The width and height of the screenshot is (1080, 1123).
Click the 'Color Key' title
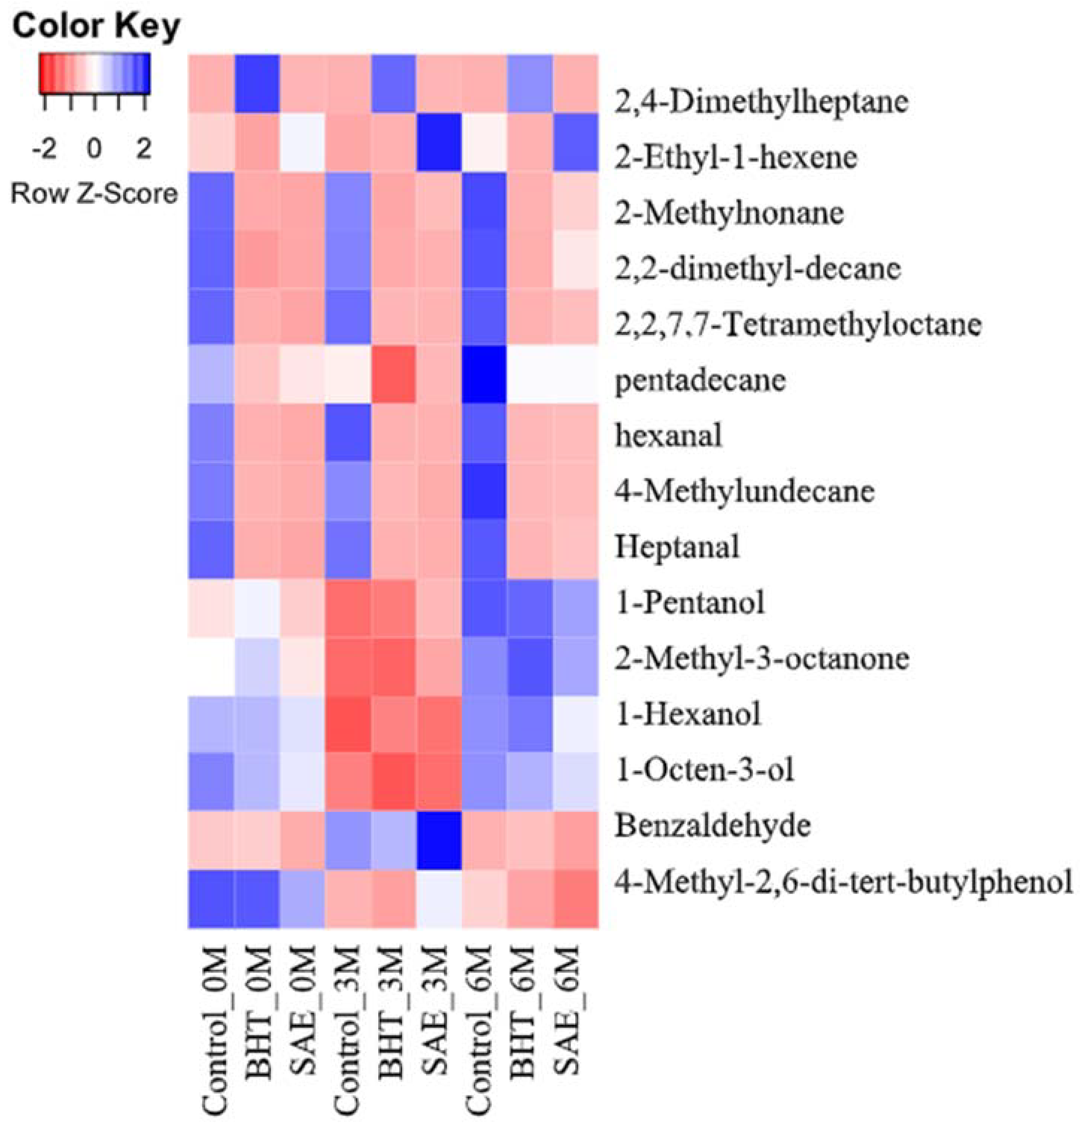click(x=96, y=26)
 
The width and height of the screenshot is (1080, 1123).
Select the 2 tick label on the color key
click(x=143, y=149)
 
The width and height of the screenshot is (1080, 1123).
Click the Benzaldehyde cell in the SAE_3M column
click(x=439, y=841)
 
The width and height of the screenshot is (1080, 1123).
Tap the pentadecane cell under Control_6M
click(x=484, y=375)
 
